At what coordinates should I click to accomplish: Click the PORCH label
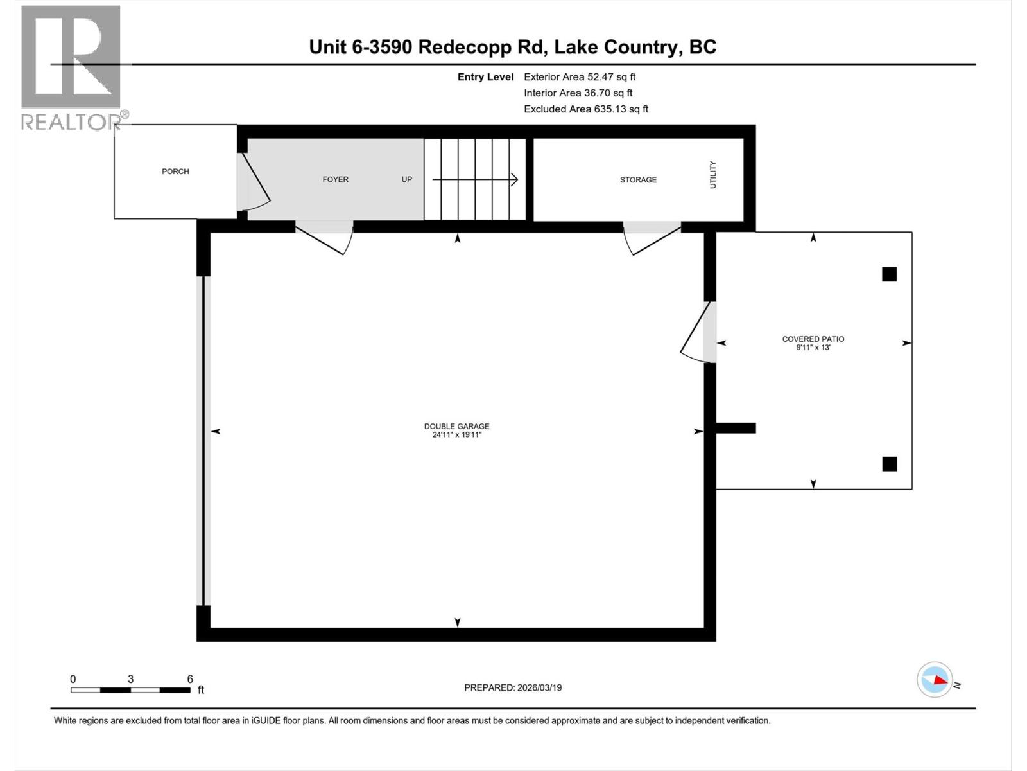click(x=175, y=172)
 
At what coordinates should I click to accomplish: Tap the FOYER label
click(x=335, y=180)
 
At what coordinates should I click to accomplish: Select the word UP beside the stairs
click(x=406, y=180)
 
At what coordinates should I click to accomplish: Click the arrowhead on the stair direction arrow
click(x=514, y=180)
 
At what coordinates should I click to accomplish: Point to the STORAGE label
click(x=638, y=180)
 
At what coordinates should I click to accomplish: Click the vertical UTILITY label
click(x=712, y=175)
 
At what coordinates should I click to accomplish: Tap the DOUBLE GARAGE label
click(x=456, y=426)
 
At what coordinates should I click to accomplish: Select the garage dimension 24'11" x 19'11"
click(x=456, y=435)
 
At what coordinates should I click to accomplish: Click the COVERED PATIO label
click(x=813, y=339)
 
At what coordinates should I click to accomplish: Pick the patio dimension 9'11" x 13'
click(x=813, y=348)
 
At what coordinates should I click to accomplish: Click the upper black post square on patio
click(x=889, y=274)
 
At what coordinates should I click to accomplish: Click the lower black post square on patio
click(x=889, y=464)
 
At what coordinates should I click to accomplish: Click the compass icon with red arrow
click(x=935, y=680)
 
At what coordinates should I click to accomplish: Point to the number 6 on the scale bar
click(x=190, y=679)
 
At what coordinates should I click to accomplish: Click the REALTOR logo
click(x=71, y=67)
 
